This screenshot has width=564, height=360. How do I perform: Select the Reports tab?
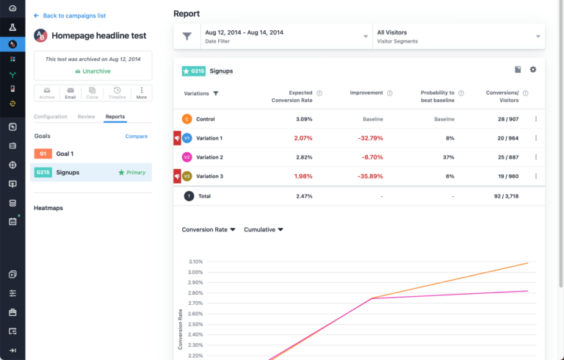[x=115, y=117]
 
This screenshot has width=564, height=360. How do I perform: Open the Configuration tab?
[x=51, y=117]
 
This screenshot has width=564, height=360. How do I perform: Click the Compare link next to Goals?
[x=136, y=137]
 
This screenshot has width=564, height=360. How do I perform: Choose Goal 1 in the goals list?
[x=65, y=154]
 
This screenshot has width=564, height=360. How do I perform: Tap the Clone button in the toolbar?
[x=92, y=93]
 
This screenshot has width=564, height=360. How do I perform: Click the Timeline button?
[x=117, y=93]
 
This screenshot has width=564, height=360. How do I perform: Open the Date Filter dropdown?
[x=286, y=36]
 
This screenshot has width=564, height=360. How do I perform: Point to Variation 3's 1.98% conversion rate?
[x=303, y=176]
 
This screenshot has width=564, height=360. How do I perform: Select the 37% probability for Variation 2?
[x=449, y=157]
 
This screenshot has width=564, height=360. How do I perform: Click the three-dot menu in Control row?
[x=535, y=119]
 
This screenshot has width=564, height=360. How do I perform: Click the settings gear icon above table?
[x=533, y=70]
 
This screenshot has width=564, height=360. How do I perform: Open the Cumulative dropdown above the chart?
[x=263, y=229]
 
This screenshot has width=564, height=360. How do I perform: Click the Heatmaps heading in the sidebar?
[x=48, y=208]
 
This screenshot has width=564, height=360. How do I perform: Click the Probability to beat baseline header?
[x=437, y=97]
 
